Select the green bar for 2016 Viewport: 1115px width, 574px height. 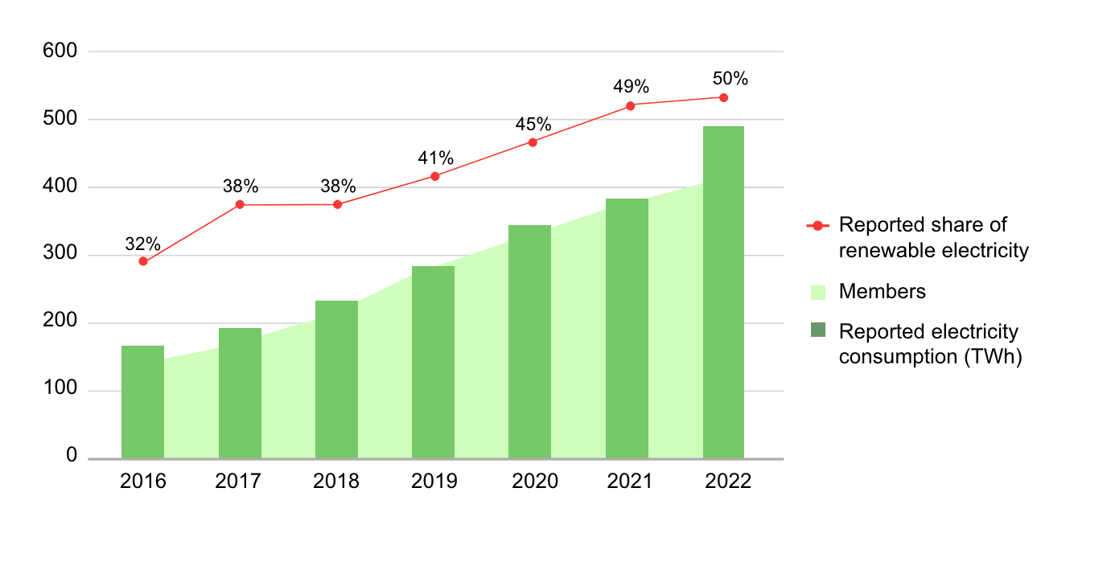coord(142,402)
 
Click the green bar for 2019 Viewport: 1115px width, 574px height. coord(433,362)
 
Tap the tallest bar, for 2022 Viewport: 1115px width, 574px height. coord(723,293)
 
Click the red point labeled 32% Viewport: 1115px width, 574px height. coord(143,261)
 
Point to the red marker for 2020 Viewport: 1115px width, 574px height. coord(533,142)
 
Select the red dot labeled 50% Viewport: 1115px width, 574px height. coord(723,97)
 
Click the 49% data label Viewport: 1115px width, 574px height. coord(631,87)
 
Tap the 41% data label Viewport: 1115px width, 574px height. coord(435,158)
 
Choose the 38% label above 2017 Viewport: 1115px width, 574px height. coord(241,187)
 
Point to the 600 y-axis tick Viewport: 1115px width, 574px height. coord(60,51)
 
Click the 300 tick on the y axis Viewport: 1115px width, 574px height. coord(60,256)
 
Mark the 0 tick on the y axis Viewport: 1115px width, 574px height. coord(72,457)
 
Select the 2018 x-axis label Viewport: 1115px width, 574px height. coord(336,482)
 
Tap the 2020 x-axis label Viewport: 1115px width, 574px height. coord(534,482)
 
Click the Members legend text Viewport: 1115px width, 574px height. coord(882,292)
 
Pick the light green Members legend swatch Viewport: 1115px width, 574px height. coord(817,292)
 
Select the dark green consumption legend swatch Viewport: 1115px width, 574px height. coord(817,330)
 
